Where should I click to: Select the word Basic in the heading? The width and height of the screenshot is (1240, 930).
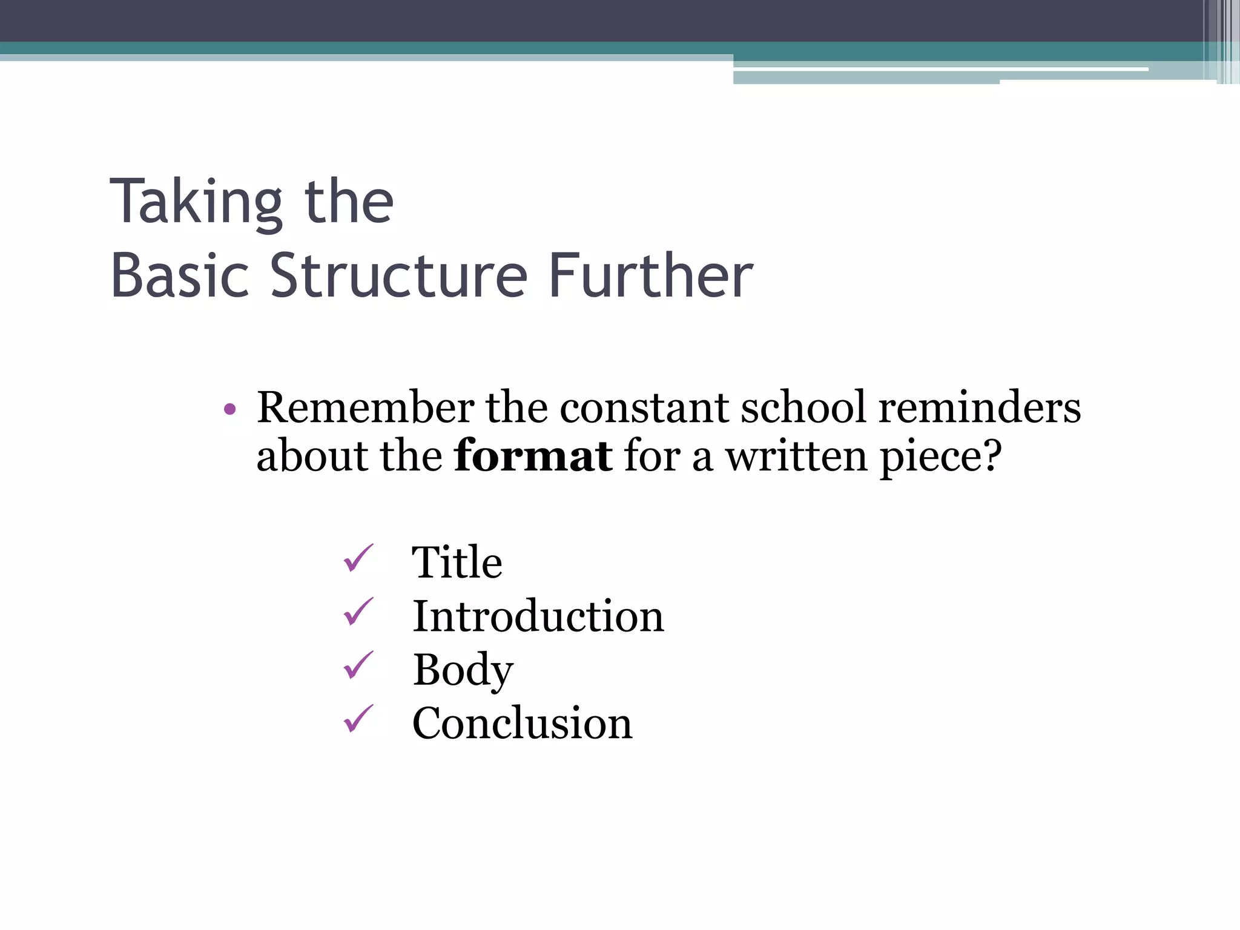pos(180,276)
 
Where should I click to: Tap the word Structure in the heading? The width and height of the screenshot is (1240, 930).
pos(399,276)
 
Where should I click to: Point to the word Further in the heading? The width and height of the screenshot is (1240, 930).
pos(650,276)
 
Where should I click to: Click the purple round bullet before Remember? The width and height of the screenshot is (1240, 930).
pos(229,410)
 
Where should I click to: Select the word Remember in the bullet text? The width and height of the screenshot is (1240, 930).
pos(366,407)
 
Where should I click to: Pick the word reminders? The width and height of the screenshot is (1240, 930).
pos(979,407)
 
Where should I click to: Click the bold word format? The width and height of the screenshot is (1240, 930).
pos(533,455)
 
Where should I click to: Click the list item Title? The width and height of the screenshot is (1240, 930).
pos(457,562)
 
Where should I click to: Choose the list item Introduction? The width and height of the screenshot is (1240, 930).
pos(538,616)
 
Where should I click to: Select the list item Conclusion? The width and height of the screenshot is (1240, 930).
pos(523,724)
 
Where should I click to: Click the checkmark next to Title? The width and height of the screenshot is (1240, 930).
pos(358,558)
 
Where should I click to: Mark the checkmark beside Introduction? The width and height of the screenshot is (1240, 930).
pos(358,612)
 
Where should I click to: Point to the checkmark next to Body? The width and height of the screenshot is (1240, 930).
pos(358,665)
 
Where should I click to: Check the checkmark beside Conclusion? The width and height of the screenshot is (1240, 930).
pos(358,719)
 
